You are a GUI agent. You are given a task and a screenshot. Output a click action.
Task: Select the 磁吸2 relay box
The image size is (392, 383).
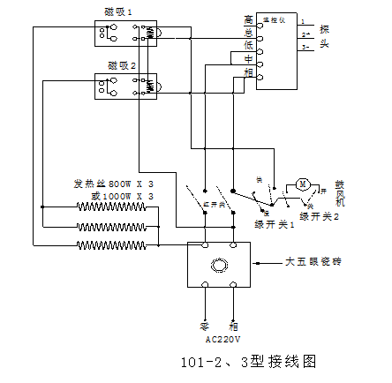pos(125,86)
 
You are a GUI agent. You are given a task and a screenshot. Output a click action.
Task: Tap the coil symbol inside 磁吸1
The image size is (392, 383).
pos(150,34)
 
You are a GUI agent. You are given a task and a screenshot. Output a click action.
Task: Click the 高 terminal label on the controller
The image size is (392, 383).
pos(248,19)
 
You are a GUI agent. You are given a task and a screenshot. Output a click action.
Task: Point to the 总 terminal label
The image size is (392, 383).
pos(248,32)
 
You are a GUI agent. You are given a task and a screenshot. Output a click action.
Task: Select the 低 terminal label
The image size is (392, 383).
pos(248,45)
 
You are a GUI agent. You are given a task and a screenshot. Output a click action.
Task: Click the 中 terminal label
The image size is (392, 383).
pos(248,59)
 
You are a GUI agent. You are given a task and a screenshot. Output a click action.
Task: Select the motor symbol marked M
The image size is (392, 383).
pos(302,184)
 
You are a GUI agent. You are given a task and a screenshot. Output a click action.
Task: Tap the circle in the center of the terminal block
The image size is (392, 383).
pos(219,264)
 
